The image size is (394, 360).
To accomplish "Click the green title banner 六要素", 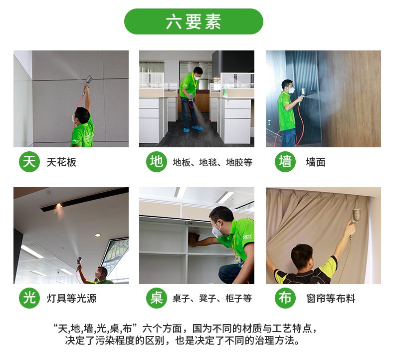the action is tap(194, 21).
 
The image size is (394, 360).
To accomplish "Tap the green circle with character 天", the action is tap(29, 161).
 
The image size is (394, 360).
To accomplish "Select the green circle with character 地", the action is tap(157, 161).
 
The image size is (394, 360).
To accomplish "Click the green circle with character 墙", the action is tap(285, 161).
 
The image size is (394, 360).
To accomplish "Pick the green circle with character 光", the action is tap(29, 298).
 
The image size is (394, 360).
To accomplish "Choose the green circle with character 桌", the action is tap(157, 298).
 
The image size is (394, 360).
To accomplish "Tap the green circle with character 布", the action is tap(285, 298).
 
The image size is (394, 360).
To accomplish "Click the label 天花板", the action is tap(61, 162).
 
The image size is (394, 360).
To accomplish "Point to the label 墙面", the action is tap(316, 162).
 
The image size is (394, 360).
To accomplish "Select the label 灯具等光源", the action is tap(72, 299).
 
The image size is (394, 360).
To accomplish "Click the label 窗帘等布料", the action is tap(331, 299).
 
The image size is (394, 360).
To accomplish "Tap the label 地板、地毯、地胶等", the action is tap(212, 162).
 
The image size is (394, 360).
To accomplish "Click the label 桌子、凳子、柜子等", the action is tap(212, 299).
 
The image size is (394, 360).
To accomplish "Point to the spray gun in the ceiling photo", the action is tap(88, 80).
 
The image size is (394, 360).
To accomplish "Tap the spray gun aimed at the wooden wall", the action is tap(303, 93).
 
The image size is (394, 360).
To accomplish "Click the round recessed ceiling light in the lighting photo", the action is tap(98, 235).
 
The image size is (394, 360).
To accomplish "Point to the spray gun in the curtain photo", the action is tap(356, 216).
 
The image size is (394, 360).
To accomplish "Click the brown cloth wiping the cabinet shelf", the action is tap(194, 239).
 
